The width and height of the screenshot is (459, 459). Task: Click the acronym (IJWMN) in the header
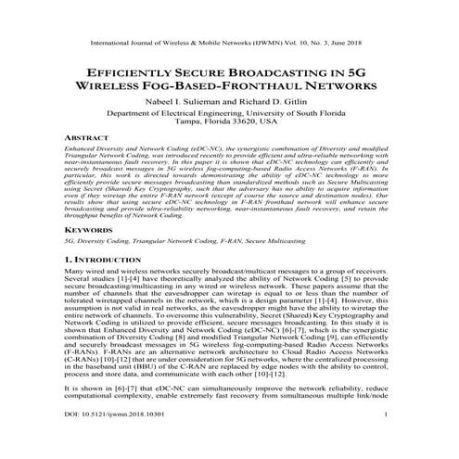point(258,44)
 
